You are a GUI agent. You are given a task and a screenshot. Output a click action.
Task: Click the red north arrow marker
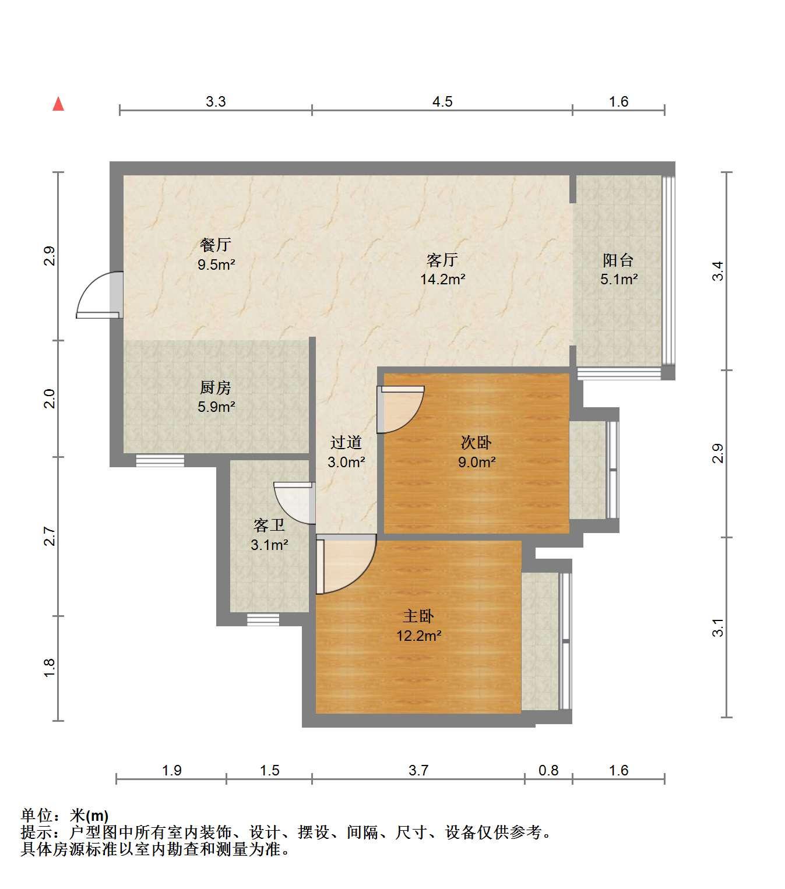coord(58,104)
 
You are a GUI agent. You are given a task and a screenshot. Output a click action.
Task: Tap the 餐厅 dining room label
coord(215,245)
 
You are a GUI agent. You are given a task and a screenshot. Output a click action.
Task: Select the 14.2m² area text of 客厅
coord(442,279)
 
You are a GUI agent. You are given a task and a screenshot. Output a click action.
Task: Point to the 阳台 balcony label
coord(618,260)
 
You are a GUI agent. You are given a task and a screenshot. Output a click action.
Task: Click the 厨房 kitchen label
coord(215,387)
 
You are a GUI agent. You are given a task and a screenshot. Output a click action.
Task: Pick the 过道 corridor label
coord(346,442)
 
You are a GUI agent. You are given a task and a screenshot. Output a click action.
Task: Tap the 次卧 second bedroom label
coord(476,442)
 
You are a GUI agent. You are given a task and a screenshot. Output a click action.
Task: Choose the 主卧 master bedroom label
coord(418,616)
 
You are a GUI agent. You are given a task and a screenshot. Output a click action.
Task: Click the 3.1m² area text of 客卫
coord(269,545)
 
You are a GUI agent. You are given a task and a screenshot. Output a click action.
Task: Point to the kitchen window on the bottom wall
coord(160,460)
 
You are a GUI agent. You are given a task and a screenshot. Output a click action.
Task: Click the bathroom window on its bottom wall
coord(263,619)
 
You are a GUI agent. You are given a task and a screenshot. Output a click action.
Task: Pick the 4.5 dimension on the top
coord(442,102)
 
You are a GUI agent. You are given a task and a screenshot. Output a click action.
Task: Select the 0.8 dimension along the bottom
coord(548,771)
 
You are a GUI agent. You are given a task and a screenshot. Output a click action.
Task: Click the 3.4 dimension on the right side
coord(717,271)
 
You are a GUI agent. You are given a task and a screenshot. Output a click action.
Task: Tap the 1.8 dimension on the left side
coord(49,668)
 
